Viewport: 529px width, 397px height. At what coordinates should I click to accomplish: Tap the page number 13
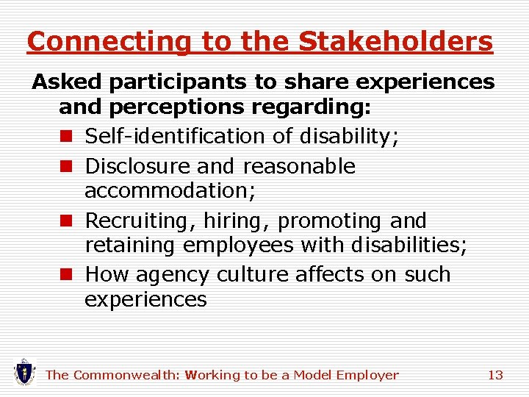point(495,375)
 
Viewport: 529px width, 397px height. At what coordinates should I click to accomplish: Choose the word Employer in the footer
point(367,375)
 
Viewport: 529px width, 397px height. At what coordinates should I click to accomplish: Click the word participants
point(161,82)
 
